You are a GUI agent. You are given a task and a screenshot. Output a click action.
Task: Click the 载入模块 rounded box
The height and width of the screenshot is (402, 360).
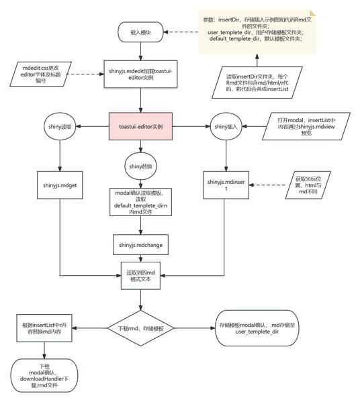[140, 31]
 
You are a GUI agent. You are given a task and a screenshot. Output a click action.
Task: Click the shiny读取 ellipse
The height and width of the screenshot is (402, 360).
[61, 126]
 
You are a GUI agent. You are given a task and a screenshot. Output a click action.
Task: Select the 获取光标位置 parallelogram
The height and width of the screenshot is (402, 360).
[308, 183]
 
